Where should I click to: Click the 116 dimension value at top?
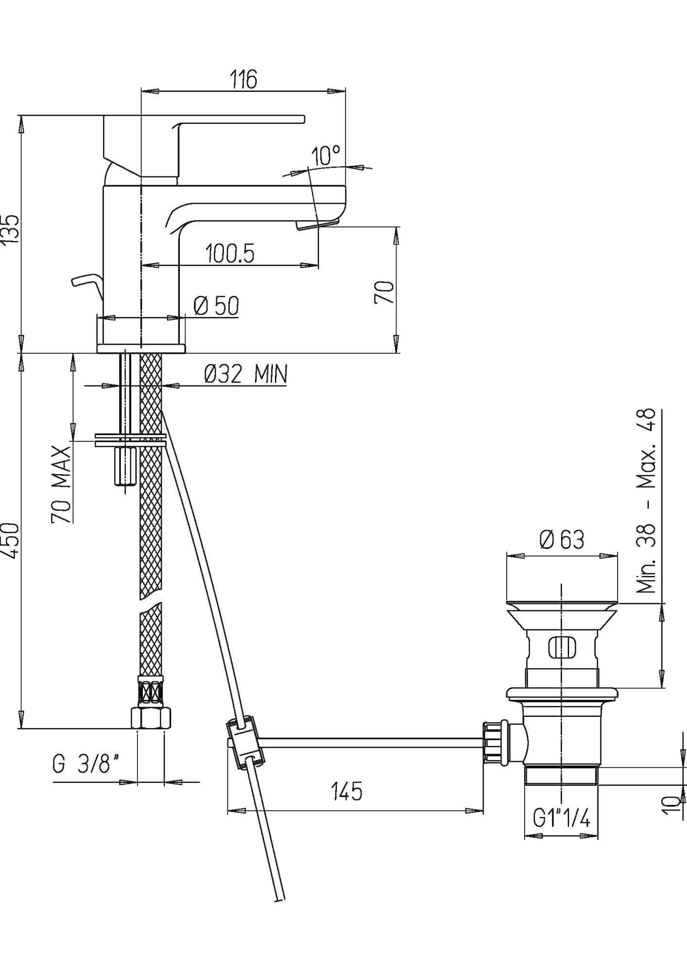pyautogui.click(x=243, y=79)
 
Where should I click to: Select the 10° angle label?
pyautogui.click(x=326, y=156)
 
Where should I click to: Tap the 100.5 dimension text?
pyautogui.click(x=229, y=254)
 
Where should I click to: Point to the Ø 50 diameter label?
pyautogui.click(x=216, y=306)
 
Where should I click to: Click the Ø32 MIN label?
pyautogui.click(x=245, y=374)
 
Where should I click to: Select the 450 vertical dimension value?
pyautogui.click(x=11, y=541)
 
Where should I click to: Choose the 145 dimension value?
pyautogui.click(x=347, y=792)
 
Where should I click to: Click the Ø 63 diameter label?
pyautogui.click(x=562, y=539)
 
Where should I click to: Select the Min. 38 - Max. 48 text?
pyautogui.click(x=646, y=501)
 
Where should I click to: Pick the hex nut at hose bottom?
pyautogui.click(x=151, y=718)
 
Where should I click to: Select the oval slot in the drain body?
pyautogui.click(x=561, y=647)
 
